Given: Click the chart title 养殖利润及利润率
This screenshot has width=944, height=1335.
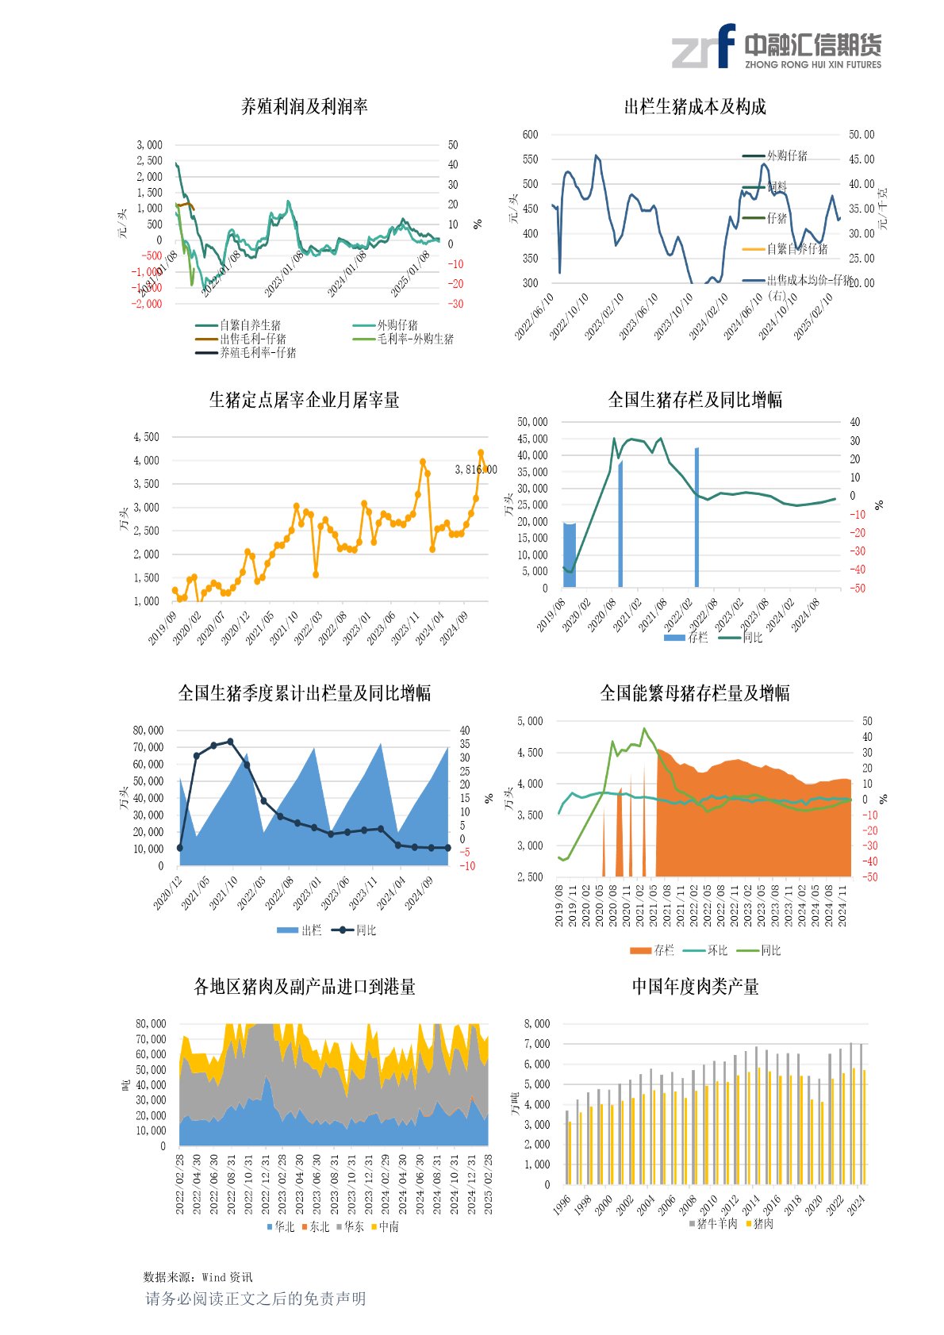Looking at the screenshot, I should click(304, 106).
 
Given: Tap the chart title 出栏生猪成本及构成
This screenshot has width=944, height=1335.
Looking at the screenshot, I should click(695, 106).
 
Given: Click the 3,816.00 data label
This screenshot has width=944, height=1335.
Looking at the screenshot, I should click(475, 470).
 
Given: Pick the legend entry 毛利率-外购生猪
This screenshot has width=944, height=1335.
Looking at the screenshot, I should click(414, 339).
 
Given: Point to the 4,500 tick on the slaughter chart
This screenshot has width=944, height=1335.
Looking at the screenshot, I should click(146, 437).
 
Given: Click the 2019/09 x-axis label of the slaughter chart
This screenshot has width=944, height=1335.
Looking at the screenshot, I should click(163, 627).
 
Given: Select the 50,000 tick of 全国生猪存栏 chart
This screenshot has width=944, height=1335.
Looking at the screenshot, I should click(532, 422).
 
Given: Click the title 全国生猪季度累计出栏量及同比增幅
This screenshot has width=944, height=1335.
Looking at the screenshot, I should click(304, 693).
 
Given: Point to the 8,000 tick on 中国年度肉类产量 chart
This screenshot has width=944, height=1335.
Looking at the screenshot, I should click(537, 1024).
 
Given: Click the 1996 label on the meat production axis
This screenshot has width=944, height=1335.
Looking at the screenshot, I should click(562, 1206).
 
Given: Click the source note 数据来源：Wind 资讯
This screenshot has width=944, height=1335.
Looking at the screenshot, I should click(198, 1277).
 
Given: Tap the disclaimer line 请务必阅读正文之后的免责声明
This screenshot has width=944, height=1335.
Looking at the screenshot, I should click(255, 1299).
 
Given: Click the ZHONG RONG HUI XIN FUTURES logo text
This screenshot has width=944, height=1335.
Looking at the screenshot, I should click(812, 65).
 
